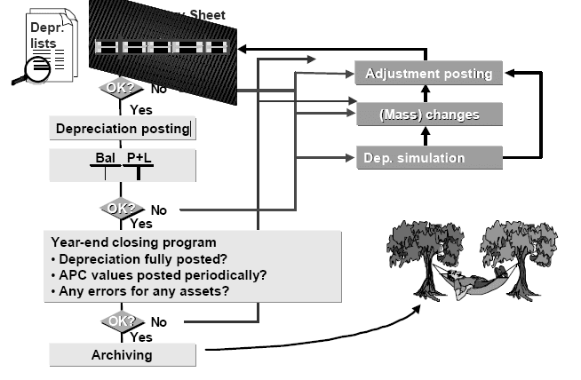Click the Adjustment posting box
pyautogui.click(x=428, y=73)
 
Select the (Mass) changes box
pyautogui.click(x=428, y=115)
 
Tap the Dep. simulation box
pyautogui.click(x=428, y=157)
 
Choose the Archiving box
pyautogui.click(x=123, y=355)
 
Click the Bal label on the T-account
pyautogui.click(x=105, y=158)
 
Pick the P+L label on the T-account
pyautogui.click(x=138, y=158)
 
